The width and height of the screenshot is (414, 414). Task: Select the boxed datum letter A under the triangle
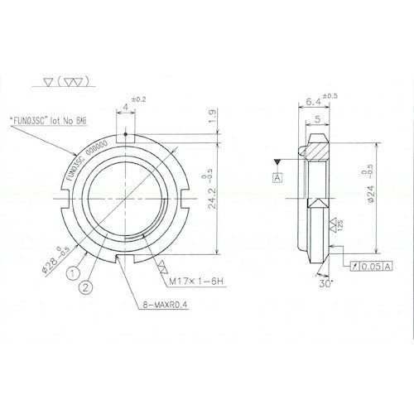click(275, 176)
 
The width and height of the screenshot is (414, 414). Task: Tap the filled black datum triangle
click(275, 161)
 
